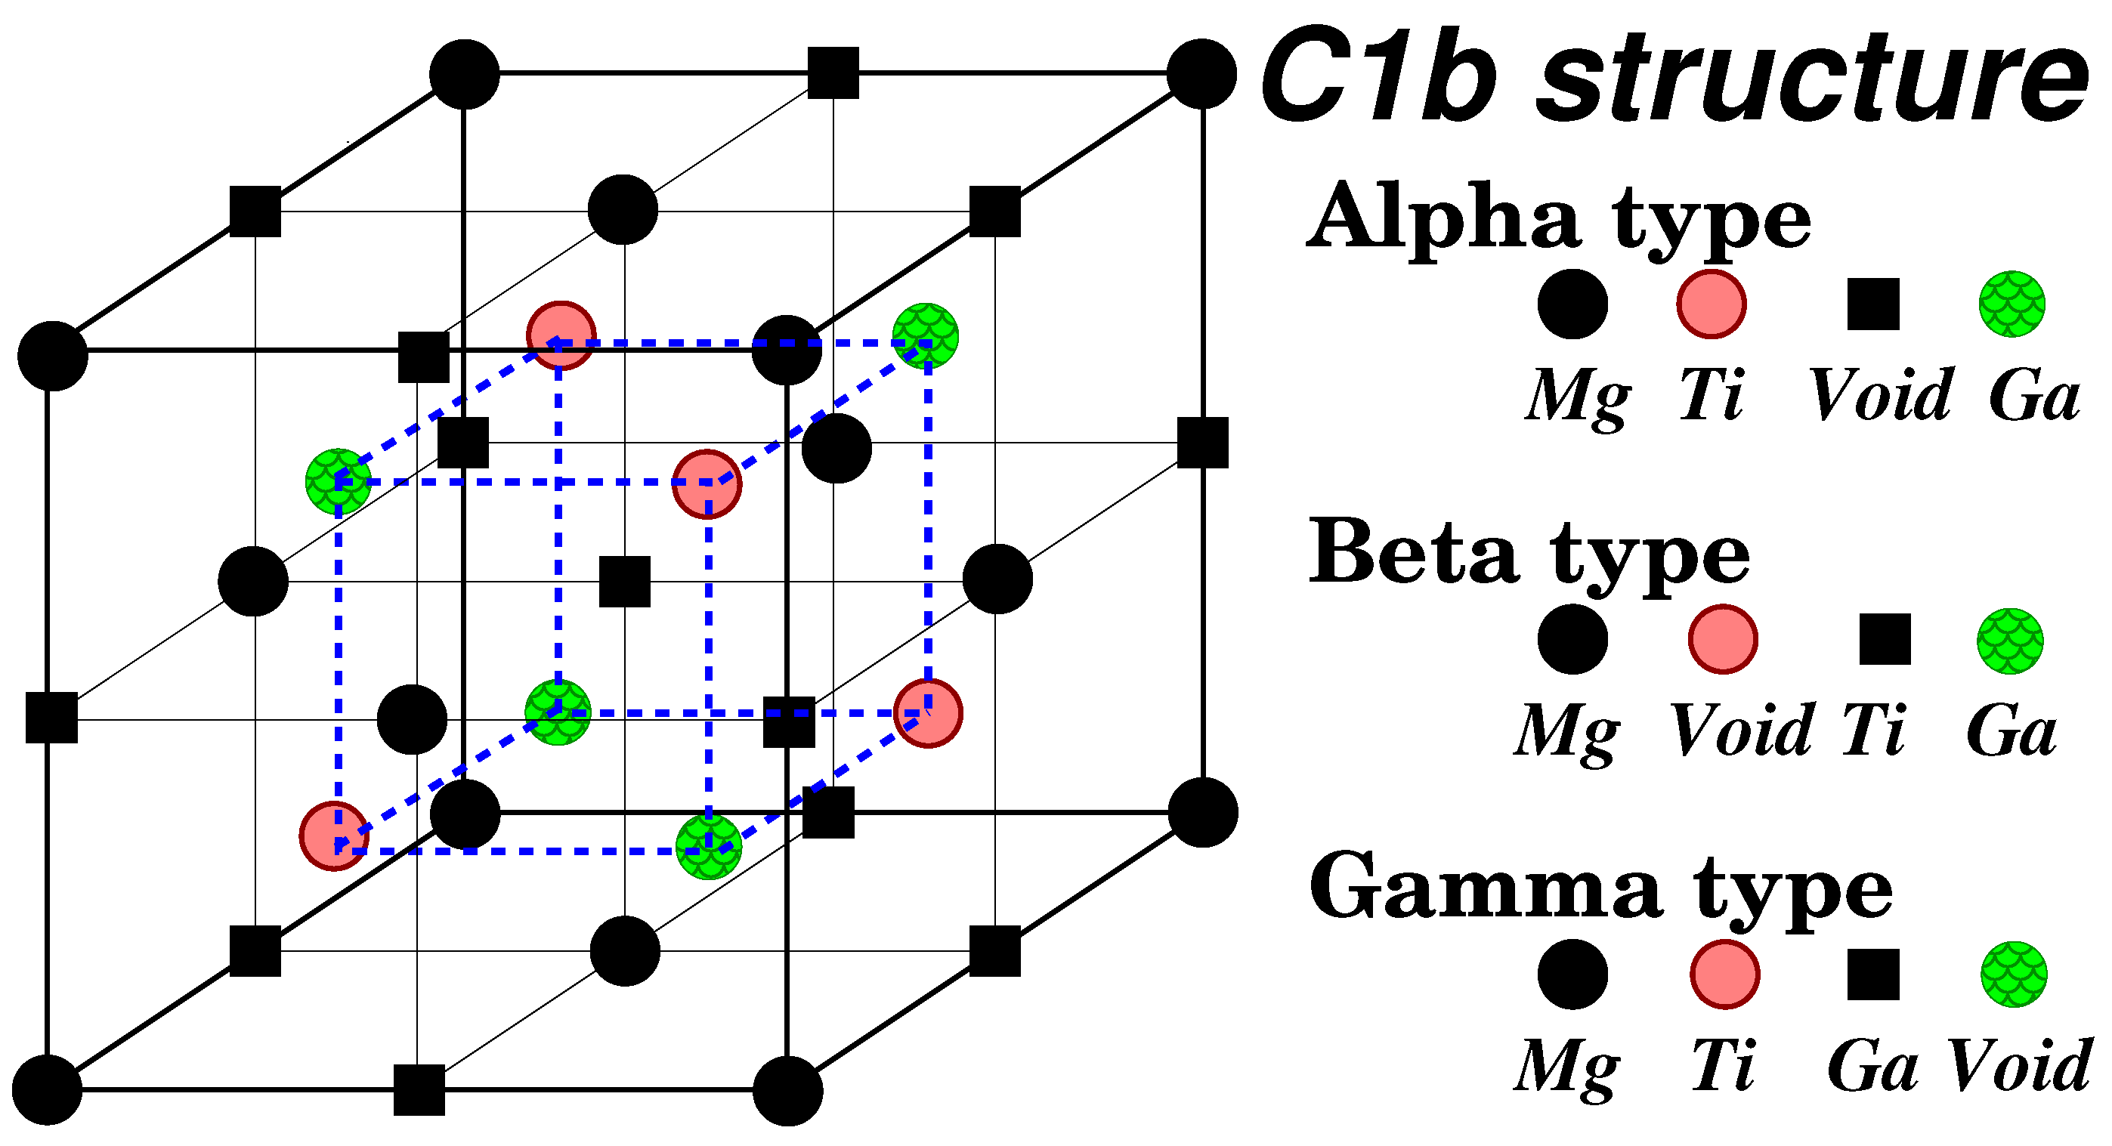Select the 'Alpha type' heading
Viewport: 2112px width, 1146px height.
[x=1559, y=218]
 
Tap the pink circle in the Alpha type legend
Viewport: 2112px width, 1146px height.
[x=1711, y=304]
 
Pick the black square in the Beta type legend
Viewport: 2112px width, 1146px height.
[x=1885, y=639]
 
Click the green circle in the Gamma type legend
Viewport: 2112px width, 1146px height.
[x=2014, y=975]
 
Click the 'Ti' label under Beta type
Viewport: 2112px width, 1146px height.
[x=1874, y=731]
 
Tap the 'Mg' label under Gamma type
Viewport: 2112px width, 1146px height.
[x=1566, y=1067]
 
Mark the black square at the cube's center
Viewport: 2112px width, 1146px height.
[x=625, y=582]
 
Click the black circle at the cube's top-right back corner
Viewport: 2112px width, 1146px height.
[x=1201, y=74]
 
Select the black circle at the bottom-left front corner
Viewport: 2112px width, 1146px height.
[x=48, y=1089]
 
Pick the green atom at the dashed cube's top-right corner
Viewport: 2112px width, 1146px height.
[x=926, y=337]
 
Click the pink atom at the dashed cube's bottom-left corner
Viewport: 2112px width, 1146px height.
[x=335, y=836]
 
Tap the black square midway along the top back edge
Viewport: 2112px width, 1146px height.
[x=833, y=73]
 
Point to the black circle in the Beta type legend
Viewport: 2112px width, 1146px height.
[x=1572, y=639]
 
